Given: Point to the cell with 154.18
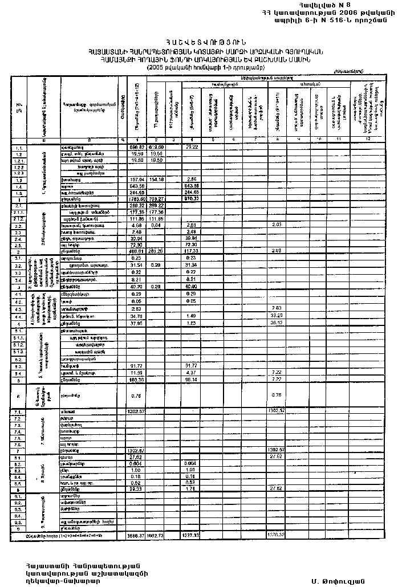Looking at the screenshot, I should [x=156, y=179].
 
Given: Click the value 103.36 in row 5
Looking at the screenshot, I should [x=137, y=380].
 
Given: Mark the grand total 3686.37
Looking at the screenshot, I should [x=136, y=536].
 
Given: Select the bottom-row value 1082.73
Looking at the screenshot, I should [x=156, y=536].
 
